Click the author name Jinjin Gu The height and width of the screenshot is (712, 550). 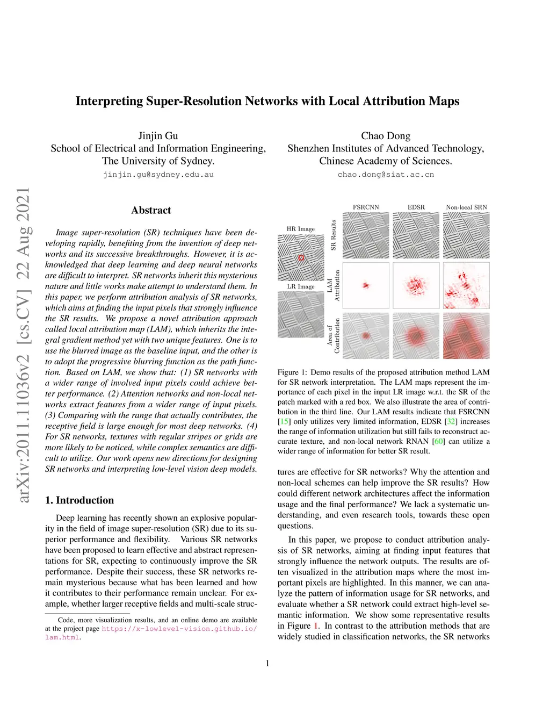(x=158, y=136)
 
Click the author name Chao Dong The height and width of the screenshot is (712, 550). (x=386, y=136)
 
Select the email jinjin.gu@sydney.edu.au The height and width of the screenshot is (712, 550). (x=158, y=175)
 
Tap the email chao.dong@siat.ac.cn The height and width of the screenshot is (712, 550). (x=386, y=175)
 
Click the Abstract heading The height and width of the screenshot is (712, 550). (x=151, y=211)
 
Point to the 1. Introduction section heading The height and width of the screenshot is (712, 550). (x=79, y=500)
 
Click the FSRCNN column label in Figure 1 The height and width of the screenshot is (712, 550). (x=366, y=207)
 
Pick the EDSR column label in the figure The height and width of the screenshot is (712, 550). (x=416, y=207)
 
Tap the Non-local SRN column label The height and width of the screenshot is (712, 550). (x=466, y=207)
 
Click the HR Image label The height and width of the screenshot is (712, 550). (x=301, y=229)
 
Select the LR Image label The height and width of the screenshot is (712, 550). (x=301, y=286)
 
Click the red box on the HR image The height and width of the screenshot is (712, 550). (x=301, y=258)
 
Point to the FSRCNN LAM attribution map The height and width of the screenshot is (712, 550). (x=366, y=285)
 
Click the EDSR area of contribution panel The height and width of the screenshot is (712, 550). (x=416, y=336)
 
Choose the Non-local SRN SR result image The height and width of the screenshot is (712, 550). (x=466, y=235)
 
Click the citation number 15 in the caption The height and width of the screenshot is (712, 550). (x=283, y=422)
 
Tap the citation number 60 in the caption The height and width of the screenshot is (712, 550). (x=439, y=442)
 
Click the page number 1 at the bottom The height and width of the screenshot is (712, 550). (x=267, y=664)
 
